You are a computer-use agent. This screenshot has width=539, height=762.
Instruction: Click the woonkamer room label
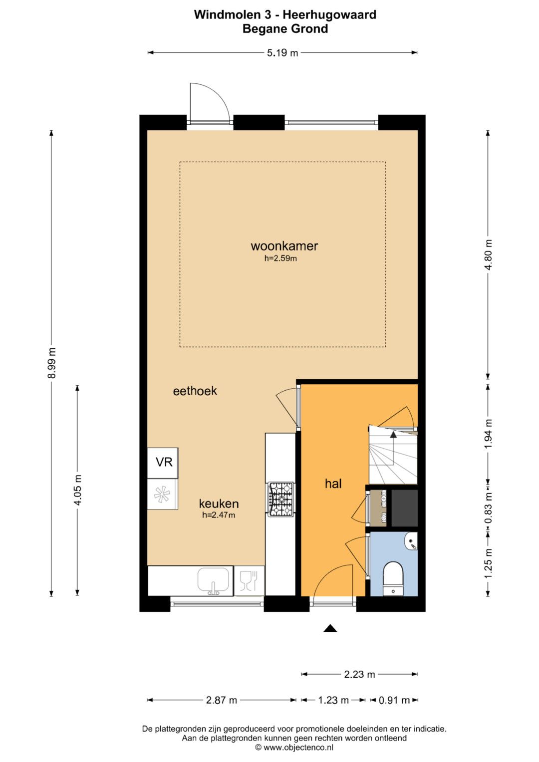[284, 246]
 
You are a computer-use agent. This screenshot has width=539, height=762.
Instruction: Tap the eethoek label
[195, 391]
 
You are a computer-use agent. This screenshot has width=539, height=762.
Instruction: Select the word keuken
[219, 504]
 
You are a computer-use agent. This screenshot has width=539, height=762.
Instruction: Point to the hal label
[333, 484]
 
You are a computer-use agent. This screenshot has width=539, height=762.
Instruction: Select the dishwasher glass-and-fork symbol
[249, 581]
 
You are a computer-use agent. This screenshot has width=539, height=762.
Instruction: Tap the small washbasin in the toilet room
[412, 542]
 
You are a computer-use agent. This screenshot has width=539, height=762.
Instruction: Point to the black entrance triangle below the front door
[330, 628]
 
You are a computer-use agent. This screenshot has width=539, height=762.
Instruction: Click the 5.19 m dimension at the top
[282, 53]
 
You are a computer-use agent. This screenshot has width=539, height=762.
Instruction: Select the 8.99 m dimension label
[52, 363]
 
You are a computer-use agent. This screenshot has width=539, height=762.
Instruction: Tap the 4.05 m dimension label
[77, 490]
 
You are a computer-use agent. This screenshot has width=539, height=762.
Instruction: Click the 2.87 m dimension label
[222, 700]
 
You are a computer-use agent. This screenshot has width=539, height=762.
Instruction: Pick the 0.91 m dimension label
[394, 700]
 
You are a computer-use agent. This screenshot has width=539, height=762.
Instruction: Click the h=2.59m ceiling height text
[280, 258]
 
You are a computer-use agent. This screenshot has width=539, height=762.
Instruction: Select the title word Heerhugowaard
[330, 14]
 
